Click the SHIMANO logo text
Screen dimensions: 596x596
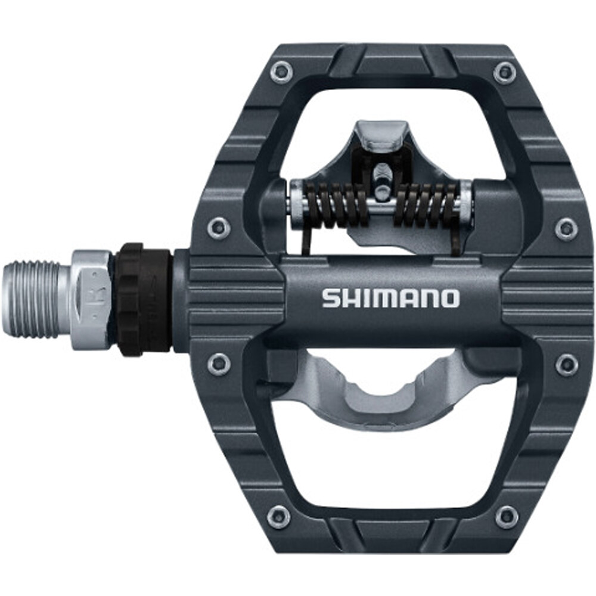click(391, 298)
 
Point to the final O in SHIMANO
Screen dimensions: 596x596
click(450, 298)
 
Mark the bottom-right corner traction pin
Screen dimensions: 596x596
click(507, 516)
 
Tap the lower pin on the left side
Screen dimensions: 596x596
click(219, 363)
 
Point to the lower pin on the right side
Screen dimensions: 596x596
click(566, 365)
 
